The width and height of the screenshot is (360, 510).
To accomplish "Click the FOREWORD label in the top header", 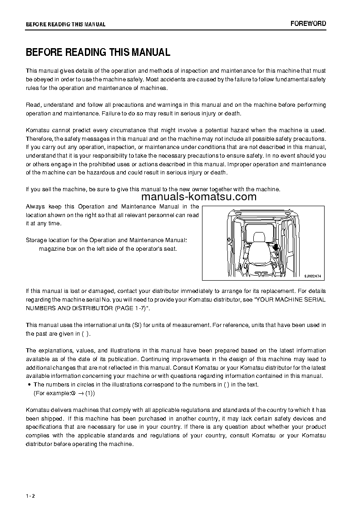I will coord(308,24).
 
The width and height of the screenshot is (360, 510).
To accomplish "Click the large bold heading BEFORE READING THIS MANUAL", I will coord(98,52).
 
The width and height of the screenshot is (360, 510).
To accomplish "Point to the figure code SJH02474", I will coord(313,276).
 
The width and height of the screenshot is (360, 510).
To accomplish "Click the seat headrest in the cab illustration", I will coord(259,238).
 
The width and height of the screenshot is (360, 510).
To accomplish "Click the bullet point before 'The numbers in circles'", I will coord(29,385).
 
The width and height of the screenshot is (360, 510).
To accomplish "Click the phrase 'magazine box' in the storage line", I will coord(55,248).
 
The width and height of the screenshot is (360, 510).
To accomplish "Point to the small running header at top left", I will coord(65,25).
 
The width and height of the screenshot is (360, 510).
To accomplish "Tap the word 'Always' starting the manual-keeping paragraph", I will coord(35,207).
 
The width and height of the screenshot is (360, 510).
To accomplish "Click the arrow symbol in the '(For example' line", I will coord(80,393).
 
